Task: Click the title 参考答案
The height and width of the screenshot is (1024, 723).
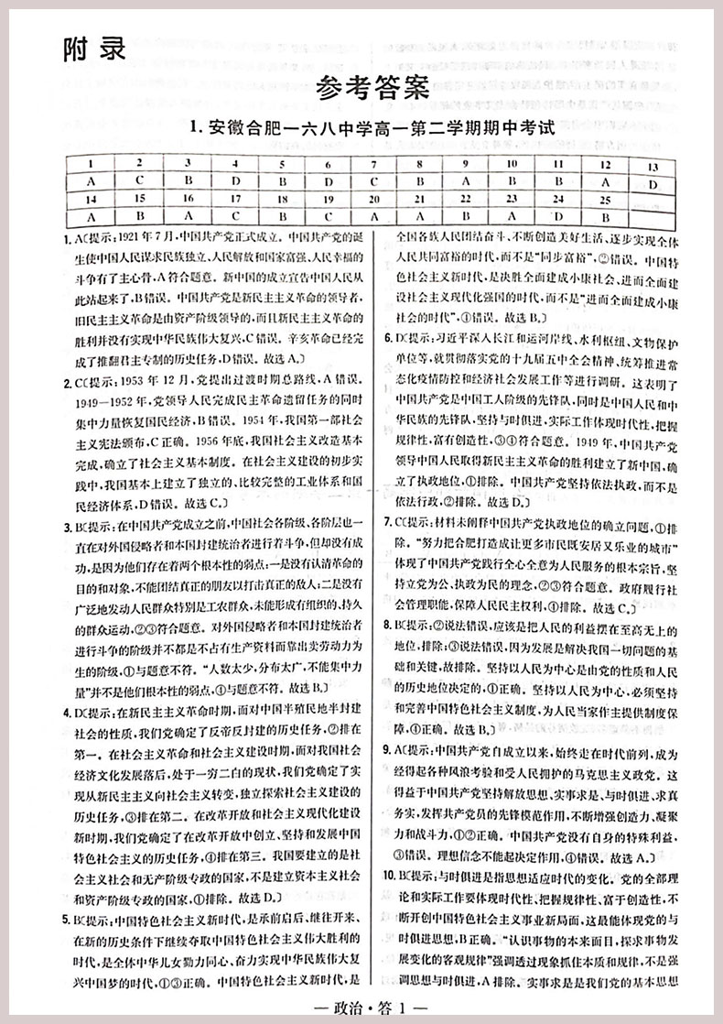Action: coord(371,88)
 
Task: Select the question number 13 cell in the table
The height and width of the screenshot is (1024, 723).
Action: coord(651,167)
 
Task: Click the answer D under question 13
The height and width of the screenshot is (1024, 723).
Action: coord(651,183)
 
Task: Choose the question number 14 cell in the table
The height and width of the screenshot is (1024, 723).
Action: coord(90,199)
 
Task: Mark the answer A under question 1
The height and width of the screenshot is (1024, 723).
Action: coord(90,181)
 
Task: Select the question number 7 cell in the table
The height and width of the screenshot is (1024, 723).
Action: coord(372,165)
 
